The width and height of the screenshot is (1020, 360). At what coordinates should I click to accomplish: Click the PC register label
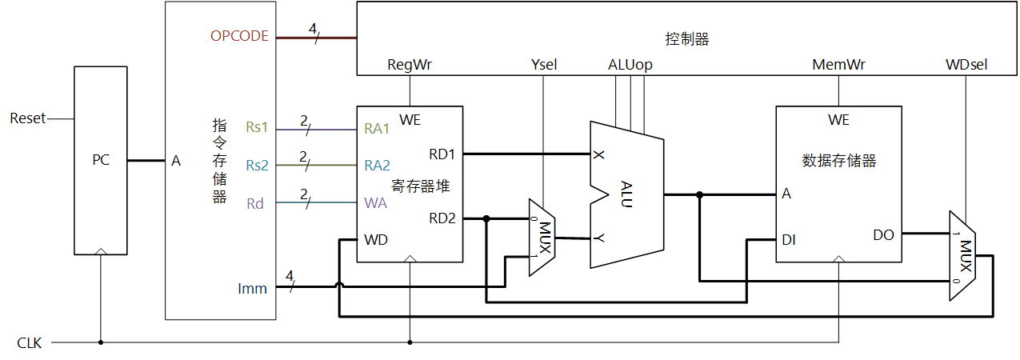point(100,160)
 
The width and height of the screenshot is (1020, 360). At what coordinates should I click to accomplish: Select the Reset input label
point(27,118)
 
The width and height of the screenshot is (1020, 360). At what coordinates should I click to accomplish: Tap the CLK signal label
point(29,343)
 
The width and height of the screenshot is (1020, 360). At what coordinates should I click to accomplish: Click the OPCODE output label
point(239,36)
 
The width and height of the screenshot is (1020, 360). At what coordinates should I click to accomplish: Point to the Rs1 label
point(257,128)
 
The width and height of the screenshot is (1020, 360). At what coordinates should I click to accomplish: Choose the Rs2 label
point(257,166)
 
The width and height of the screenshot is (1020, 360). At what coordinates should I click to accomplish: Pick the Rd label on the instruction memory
point(255,203)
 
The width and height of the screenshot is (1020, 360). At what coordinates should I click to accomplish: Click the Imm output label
point(253,287)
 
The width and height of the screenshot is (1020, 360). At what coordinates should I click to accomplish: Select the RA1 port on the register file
point(377,128)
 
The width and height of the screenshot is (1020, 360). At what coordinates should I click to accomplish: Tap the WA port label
point(375,203)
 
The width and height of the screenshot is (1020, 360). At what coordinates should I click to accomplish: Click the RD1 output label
point(442,153)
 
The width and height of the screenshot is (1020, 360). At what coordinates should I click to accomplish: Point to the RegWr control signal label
point(409,65)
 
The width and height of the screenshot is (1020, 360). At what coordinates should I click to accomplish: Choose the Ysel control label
point(543,65)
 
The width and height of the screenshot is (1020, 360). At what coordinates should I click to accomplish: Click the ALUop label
point(630,65)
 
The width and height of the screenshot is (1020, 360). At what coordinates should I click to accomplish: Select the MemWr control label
point(838,65)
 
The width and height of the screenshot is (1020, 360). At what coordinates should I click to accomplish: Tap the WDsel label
point(966,65)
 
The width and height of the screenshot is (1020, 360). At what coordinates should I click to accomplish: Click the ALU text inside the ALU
point(626,194)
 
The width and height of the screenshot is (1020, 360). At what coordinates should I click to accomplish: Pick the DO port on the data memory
point(883,234)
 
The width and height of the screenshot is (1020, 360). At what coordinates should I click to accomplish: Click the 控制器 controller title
point(686,39)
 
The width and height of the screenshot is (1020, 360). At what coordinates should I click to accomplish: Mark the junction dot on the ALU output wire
point(700,194)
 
